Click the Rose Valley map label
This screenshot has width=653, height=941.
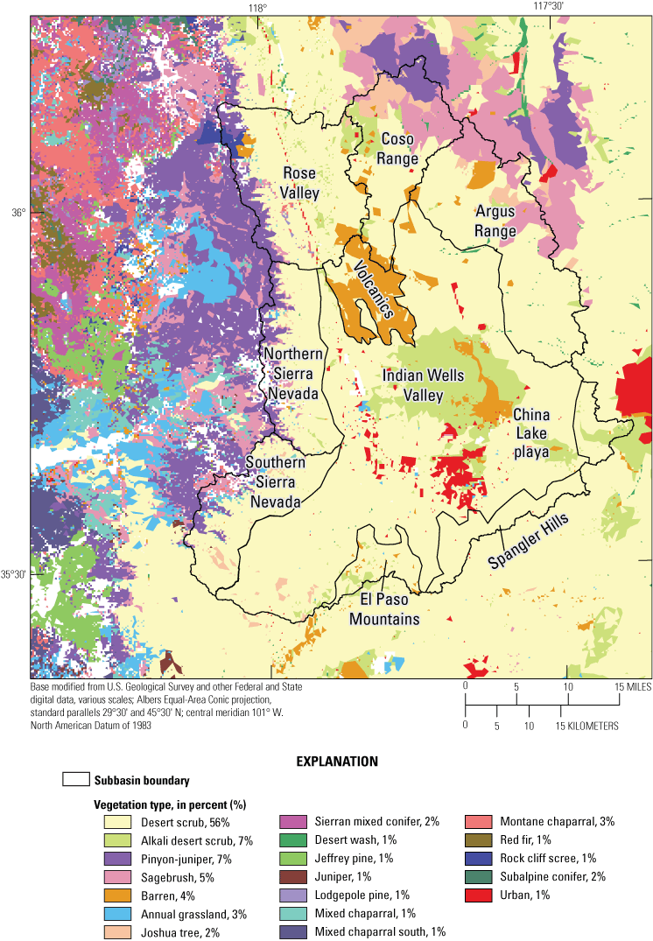(x=300, y=182)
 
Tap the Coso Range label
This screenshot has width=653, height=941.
(x=397, y=149)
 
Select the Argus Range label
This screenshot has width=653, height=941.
(x=495, y=221)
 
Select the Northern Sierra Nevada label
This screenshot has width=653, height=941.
(x=293, y=374)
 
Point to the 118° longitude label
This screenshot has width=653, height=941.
(x=256, y=8)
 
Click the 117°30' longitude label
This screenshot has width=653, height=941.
(x=548, y=7)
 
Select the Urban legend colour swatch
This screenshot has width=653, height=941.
(x=477, y=895)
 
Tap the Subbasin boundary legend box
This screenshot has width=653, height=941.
(x=76, y=780)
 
